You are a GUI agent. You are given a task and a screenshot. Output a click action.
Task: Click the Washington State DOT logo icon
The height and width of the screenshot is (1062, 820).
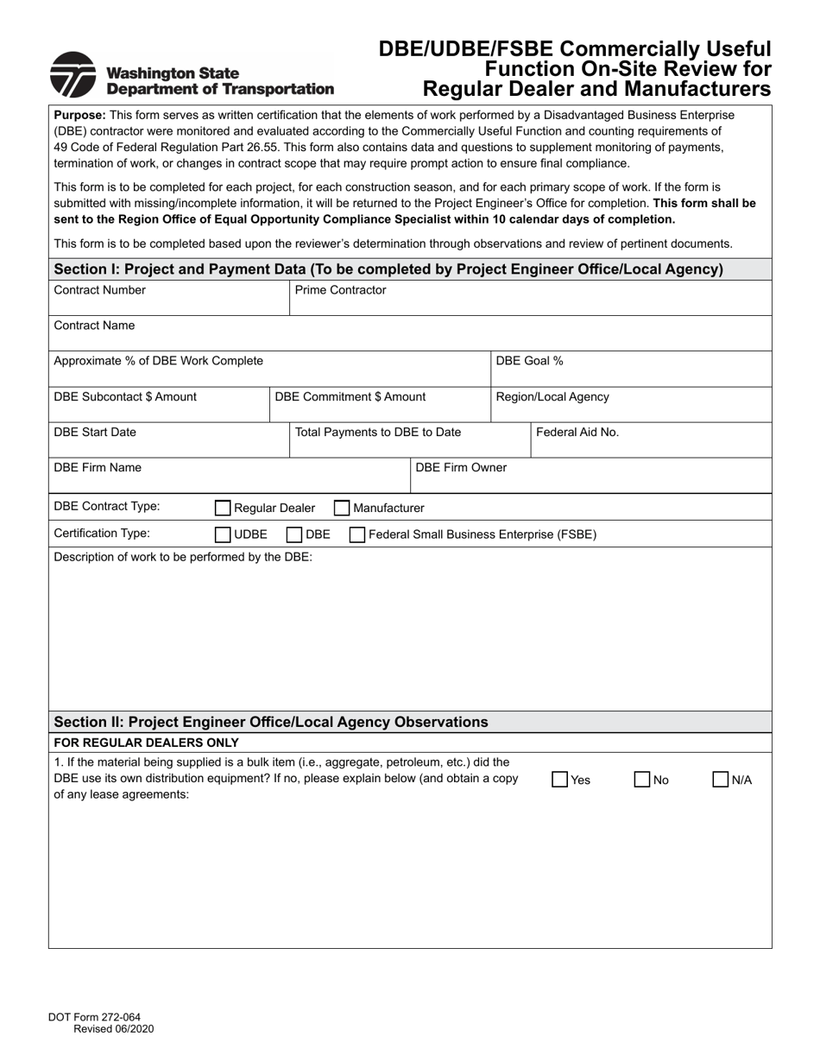coord(73,75)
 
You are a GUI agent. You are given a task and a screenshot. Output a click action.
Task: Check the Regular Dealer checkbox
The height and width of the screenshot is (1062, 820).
coord(223,509)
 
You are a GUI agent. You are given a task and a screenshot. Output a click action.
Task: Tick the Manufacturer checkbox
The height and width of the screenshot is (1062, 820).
coord(342,509)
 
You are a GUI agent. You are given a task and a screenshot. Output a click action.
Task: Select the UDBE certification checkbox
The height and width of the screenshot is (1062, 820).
coord(223,534)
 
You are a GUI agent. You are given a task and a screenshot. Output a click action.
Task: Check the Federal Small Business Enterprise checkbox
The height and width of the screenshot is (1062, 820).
coord(356,534)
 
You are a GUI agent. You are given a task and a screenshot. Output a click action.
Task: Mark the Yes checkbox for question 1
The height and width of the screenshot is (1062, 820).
coord(560,780)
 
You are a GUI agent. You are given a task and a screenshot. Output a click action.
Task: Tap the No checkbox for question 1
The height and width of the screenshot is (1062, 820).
coord(642,780)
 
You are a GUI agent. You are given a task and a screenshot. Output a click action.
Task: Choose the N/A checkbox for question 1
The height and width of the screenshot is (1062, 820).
coord(721,780)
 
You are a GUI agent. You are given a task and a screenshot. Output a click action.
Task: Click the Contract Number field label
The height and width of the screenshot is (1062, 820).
coord(99,290)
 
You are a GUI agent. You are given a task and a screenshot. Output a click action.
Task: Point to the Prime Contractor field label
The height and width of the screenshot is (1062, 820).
coord(340,290)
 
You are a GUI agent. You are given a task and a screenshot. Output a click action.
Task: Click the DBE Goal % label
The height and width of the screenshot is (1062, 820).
coord(529,361)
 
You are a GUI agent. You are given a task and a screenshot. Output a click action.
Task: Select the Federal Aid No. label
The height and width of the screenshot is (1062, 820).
coord(577,432)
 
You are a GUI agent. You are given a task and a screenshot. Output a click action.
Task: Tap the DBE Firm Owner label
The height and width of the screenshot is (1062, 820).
coord(461,467)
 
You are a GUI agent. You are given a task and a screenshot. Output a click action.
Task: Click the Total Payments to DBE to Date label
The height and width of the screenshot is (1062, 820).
coord(378,432)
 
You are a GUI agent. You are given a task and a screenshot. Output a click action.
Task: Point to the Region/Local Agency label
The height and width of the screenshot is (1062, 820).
coord(552,396)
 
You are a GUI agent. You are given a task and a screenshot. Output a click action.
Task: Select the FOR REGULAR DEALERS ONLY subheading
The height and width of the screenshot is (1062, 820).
coord(146,743)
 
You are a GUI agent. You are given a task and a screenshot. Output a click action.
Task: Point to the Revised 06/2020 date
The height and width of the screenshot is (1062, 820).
coord(114,1028)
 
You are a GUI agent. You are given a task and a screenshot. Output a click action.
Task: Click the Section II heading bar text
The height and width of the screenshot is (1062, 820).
coord(271,722)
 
